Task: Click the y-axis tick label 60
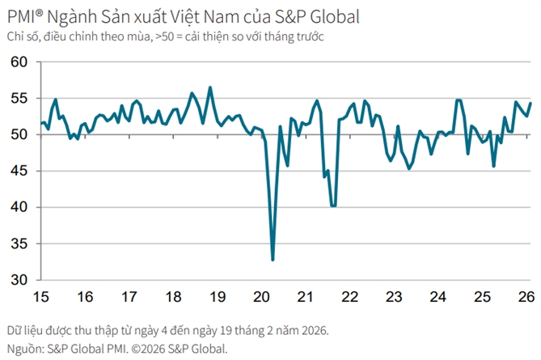(19, 62)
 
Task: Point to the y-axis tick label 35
(19, 244)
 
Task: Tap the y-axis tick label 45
(19, 171)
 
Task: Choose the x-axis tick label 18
(173, 296)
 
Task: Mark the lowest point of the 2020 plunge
(273, 260)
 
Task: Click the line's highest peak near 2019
(210, 87)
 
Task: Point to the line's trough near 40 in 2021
(333, 206)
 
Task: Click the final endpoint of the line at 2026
(530, 103)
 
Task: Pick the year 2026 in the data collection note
(311, 331)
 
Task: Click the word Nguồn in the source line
(24, 349)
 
